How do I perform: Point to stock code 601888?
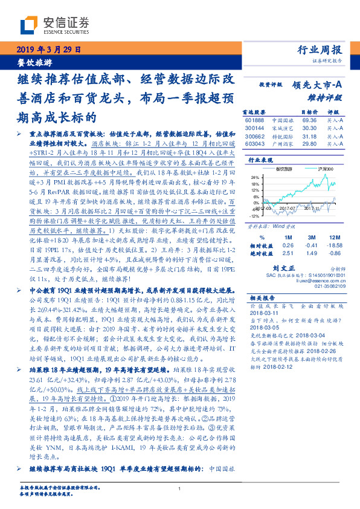tap(256, 120)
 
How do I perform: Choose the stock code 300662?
tap(256, 136)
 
